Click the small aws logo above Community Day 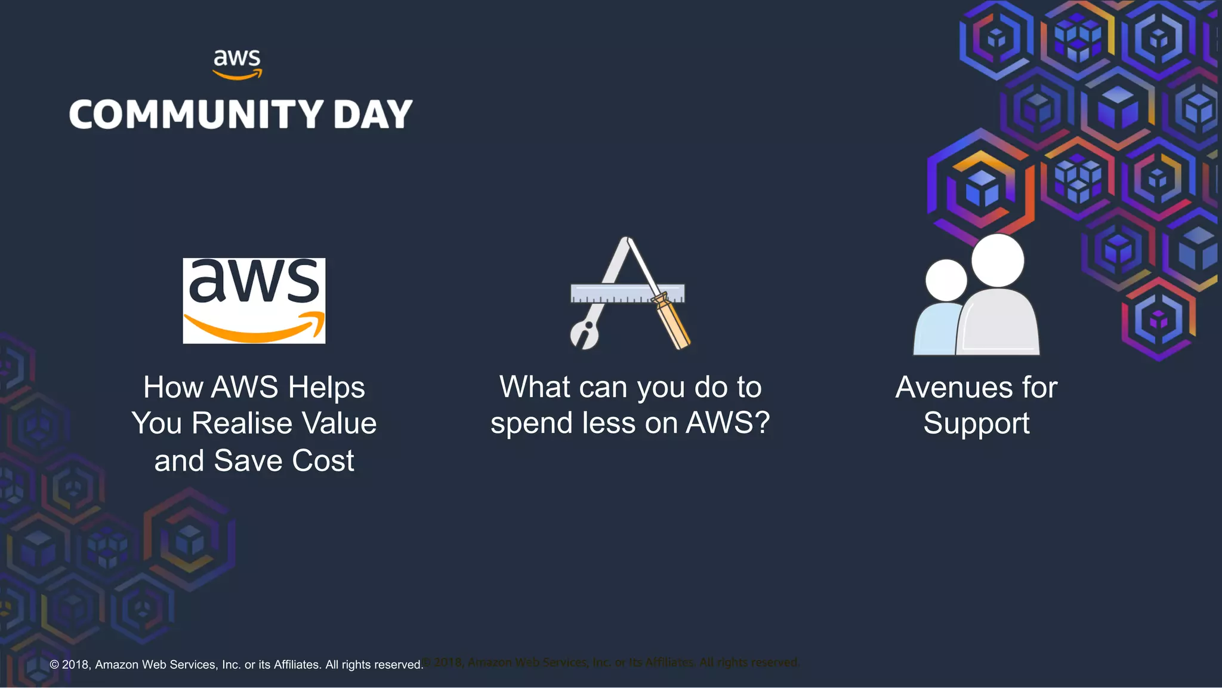tap(237, 64)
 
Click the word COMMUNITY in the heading tap(196, 114)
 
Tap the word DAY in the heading tap(373, 114)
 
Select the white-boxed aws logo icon tap(254, 300)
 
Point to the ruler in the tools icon tap(627, 293)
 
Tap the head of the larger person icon tap(998, 260)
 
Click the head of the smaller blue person tap(946, 280)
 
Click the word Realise tap(242, 423)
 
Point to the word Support tap(976, 423)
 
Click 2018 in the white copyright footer tap(76, 665)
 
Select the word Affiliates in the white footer tap(297, 665)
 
